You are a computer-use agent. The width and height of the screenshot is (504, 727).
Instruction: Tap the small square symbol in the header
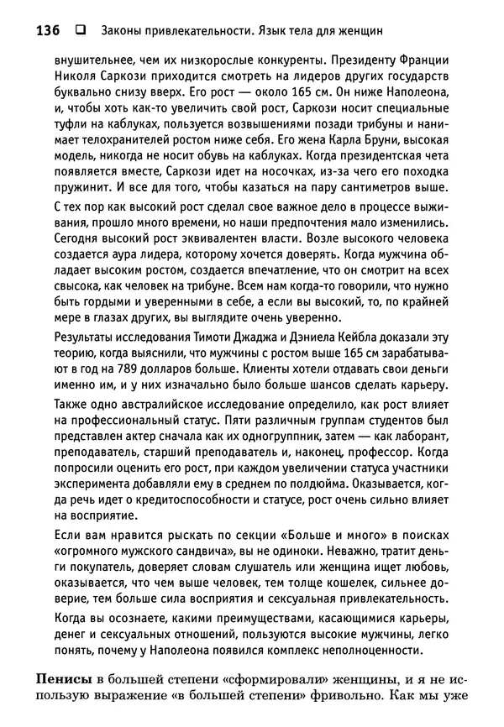[x=81, y=32]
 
